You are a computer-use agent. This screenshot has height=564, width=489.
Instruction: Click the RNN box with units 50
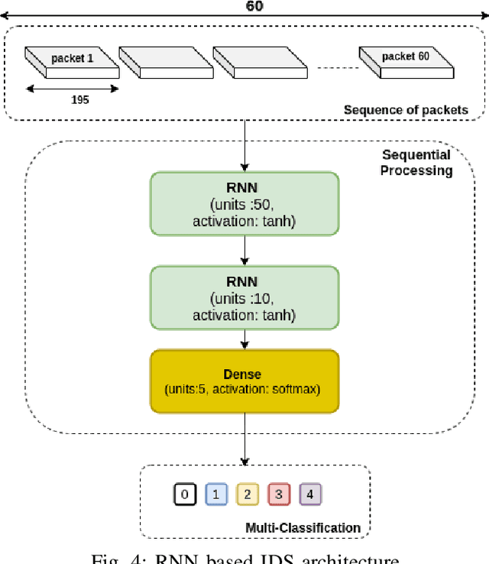pos(244,203)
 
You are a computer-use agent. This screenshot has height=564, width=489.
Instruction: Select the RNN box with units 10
pos(244,297)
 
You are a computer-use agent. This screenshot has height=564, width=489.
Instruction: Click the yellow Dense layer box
pos(244,381)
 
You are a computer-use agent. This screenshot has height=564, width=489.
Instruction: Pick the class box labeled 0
pos(183,494)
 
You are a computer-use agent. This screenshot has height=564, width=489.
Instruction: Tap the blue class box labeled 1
pos(215,494)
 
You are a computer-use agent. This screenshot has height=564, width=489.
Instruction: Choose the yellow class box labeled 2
pos(247,494)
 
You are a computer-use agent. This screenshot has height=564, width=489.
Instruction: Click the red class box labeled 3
pos(278,494)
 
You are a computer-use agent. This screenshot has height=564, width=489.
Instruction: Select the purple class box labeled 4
pos(309,494)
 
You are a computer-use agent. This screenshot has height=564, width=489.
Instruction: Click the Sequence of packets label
pos(406,110)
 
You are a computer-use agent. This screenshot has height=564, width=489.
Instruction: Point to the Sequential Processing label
pos(416,162)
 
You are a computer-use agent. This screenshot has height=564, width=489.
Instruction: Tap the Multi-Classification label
pos(303,527)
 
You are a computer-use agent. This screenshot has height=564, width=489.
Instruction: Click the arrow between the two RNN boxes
pos(244,250)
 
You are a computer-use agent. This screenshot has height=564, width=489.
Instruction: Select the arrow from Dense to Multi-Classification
pos(244,439)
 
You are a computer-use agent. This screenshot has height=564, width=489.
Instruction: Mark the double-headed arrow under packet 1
pos(72,88)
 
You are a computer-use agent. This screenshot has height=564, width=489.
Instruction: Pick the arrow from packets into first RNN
pos(244,145)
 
